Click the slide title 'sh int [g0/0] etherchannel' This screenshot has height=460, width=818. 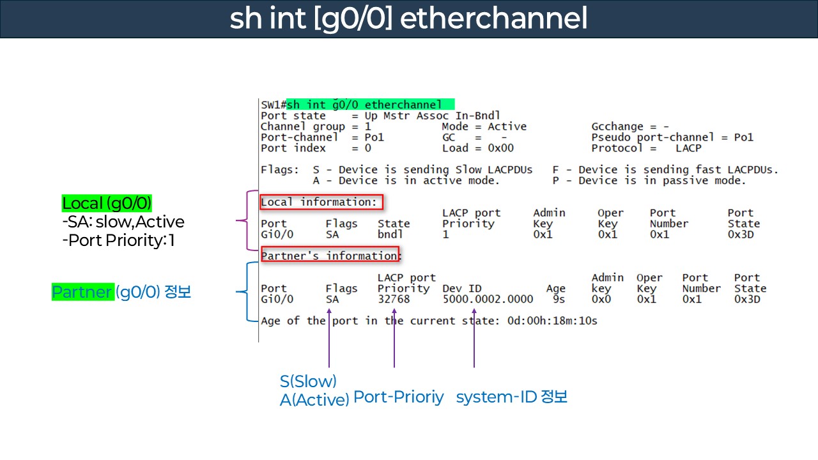[x=408, y=19]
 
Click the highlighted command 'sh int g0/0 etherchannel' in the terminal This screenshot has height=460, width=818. [x=370, y=104]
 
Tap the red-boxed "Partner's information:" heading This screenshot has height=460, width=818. [x=330, y=256]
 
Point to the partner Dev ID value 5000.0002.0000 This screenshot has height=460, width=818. [x=487, y=299]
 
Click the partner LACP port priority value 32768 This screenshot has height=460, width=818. [x=394, y=299]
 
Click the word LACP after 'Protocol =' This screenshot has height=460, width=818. [x=688, y=148]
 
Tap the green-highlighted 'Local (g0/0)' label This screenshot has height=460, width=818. [x=107, y=204]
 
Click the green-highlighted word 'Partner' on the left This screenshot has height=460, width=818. [x=82, y=293]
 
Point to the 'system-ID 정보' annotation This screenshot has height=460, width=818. [x=511, y=397]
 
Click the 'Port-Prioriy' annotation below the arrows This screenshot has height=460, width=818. [x=398, y=397]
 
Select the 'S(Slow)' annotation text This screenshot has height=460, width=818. [x=308, y=381]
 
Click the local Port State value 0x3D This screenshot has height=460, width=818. [x=741, y=234]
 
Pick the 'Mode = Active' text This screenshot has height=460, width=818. [x=484, y=126]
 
